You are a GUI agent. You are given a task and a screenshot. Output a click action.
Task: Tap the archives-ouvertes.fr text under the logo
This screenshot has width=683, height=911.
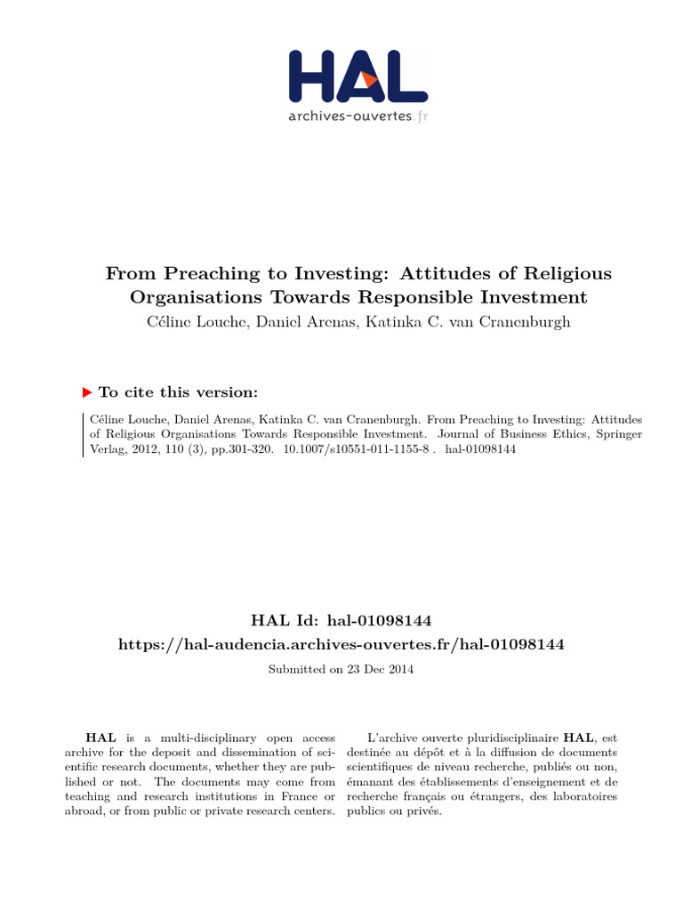coord(358,116)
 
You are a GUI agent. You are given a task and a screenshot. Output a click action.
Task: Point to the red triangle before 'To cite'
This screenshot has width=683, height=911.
coord(87,391)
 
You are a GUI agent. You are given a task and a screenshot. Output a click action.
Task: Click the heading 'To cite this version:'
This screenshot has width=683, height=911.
coord(178,392)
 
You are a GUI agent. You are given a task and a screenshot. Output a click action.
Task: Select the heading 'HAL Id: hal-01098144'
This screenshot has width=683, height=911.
coord(341,619)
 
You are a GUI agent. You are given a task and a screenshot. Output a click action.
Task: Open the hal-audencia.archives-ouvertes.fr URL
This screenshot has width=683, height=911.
coord(341,643)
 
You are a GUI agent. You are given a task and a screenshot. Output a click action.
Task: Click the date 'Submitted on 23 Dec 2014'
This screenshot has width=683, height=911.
coord(341,669)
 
